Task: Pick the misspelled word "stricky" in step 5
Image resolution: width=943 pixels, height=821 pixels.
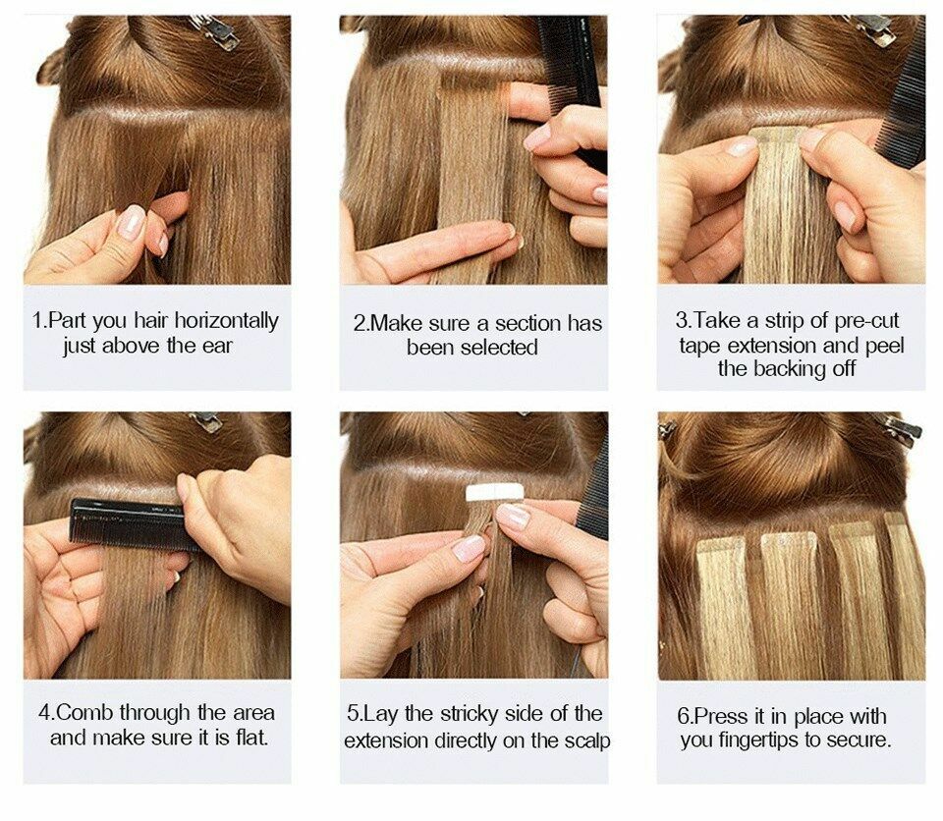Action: point(465,713)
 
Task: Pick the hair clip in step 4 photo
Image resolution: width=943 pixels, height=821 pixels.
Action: point(205,421)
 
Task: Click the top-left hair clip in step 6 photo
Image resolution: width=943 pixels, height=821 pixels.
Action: point(668,429)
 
